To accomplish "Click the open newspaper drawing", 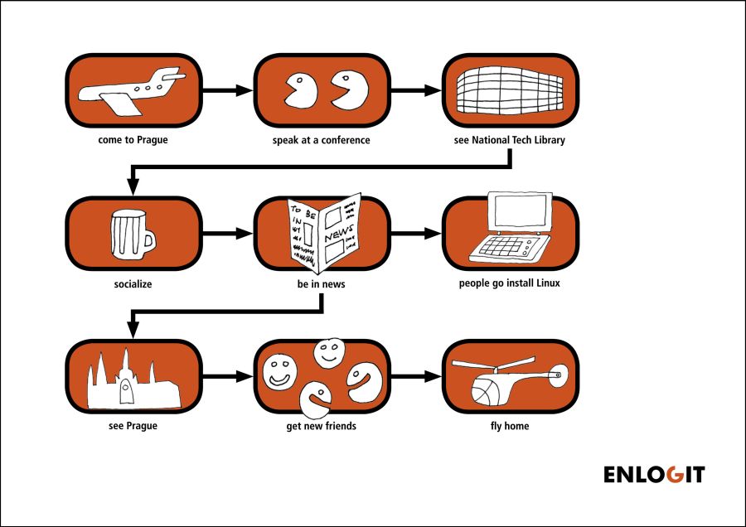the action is click(x=324, y=233).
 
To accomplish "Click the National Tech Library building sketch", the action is click(x=510, y=90).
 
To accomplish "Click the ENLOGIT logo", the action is click(x=654, y=474).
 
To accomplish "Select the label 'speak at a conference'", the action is click(x=321, y=140).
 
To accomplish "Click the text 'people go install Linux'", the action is click(x=510, y=283).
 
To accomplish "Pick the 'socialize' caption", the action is click(x=133, y=284).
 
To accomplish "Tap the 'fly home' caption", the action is click(x=510, y=426).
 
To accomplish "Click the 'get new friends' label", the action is click(x=321, y=426).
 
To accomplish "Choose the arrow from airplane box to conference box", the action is click(x=228, y=89).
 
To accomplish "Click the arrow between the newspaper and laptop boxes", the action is click(x=416, y=234).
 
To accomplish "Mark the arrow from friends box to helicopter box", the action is click(x=416, y=376).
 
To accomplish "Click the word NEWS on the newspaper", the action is click(x=339, y=233).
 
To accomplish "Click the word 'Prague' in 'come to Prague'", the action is click(x=153, y=140).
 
